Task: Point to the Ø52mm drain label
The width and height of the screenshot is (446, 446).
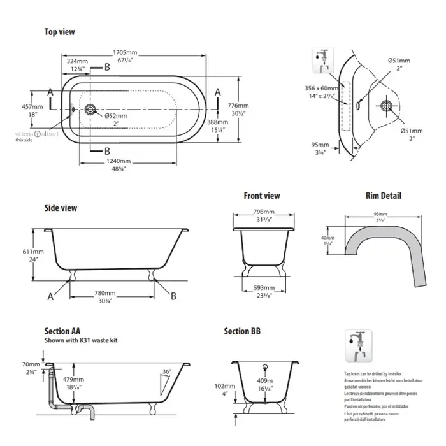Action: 116,115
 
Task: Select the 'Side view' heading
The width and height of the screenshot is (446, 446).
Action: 61,208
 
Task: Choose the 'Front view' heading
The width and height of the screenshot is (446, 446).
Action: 261,196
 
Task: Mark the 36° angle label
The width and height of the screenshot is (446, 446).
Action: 168,371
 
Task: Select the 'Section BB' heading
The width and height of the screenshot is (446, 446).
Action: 242,332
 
